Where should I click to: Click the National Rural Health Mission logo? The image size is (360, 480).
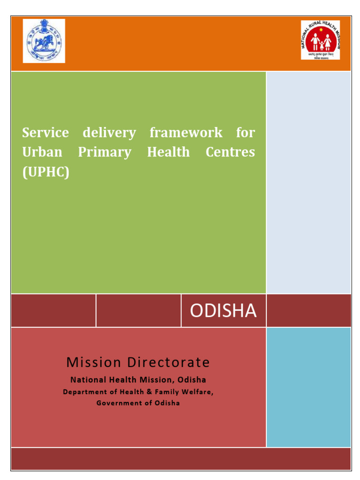tap(321, 40)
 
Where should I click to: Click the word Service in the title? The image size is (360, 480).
tap(45, 133)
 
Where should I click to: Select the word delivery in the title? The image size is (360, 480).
tap(109, 133)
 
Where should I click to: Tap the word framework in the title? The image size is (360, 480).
tap(186, 133)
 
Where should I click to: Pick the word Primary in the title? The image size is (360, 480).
tap(105, 153)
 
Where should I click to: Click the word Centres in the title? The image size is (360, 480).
tap(230, 152)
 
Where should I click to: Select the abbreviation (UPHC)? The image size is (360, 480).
tap(45, 172)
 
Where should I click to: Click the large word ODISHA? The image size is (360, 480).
tap(223, 311)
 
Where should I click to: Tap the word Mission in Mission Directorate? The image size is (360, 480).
tap(91, 362)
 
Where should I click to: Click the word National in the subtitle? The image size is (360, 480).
tap(88, 380)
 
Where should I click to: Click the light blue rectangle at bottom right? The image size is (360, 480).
tap(308, 387)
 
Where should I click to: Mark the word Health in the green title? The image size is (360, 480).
tap(168, 152)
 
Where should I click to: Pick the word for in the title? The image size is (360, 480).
tap(245, 133)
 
